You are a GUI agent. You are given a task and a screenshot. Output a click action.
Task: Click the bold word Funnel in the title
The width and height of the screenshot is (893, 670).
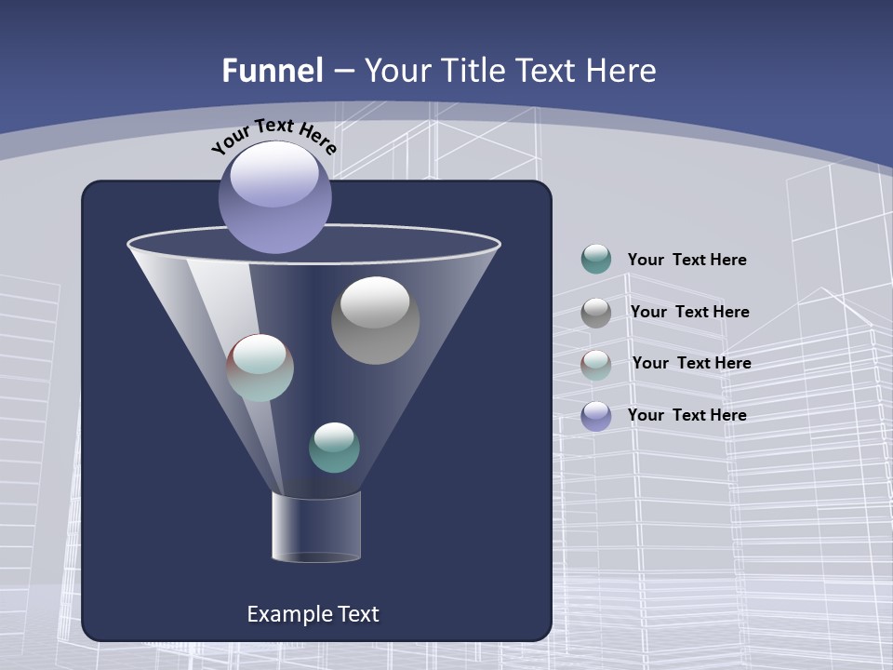click(273, 71)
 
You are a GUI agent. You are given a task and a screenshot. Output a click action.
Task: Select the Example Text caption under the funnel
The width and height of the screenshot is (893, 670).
click(313, 614)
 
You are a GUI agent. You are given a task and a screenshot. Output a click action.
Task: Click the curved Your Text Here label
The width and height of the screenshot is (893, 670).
click(273, 136)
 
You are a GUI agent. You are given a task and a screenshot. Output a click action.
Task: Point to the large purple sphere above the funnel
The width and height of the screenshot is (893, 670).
click(274, 196)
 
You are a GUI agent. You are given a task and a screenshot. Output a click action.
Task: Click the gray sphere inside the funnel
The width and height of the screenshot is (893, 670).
click(375, 320)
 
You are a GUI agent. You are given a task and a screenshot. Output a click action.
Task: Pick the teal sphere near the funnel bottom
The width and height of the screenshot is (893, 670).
click(334, 448)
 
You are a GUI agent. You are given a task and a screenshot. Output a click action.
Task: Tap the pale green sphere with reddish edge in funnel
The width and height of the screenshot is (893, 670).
click(260, 368)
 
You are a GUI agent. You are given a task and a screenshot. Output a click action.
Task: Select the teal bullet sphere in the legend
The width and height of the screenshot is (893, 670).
click(596, 259)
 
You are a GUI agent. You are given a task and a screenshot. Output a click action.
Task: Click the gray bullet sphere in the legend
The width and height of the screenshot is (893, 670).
click(596, 312)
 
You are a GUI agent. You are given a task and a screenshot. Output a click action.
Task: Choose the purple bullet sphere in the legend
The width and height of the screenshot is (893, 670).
click(596, 415)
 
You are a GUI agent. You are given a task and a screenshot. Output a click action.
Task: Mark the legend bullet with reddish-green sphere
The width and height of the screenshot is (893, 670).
click(596, 364)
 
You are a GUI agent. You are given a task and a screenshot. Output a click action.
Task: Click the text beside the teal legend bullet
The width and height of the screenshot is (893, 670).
click(686, 260)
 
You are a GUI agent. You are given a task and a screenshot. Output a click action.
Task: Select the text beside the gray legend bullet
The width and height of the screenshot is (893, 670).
click(689, 312)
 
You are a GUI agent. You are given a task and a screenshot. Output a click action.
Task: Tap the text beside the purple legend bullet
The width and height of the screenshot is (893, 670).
click(686, 415)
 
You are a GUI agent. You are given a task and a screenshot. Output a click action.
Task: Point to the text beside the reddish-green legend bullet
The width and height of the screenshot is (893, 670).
click(691, 363)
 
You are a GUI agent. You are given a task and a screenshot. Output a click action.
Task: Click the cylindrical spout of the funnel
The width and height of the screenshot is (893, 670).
click(315, 527)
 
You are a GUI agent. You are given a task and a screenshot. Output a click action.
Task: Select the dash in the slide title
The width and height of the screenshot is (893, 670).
click(343, 71)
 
